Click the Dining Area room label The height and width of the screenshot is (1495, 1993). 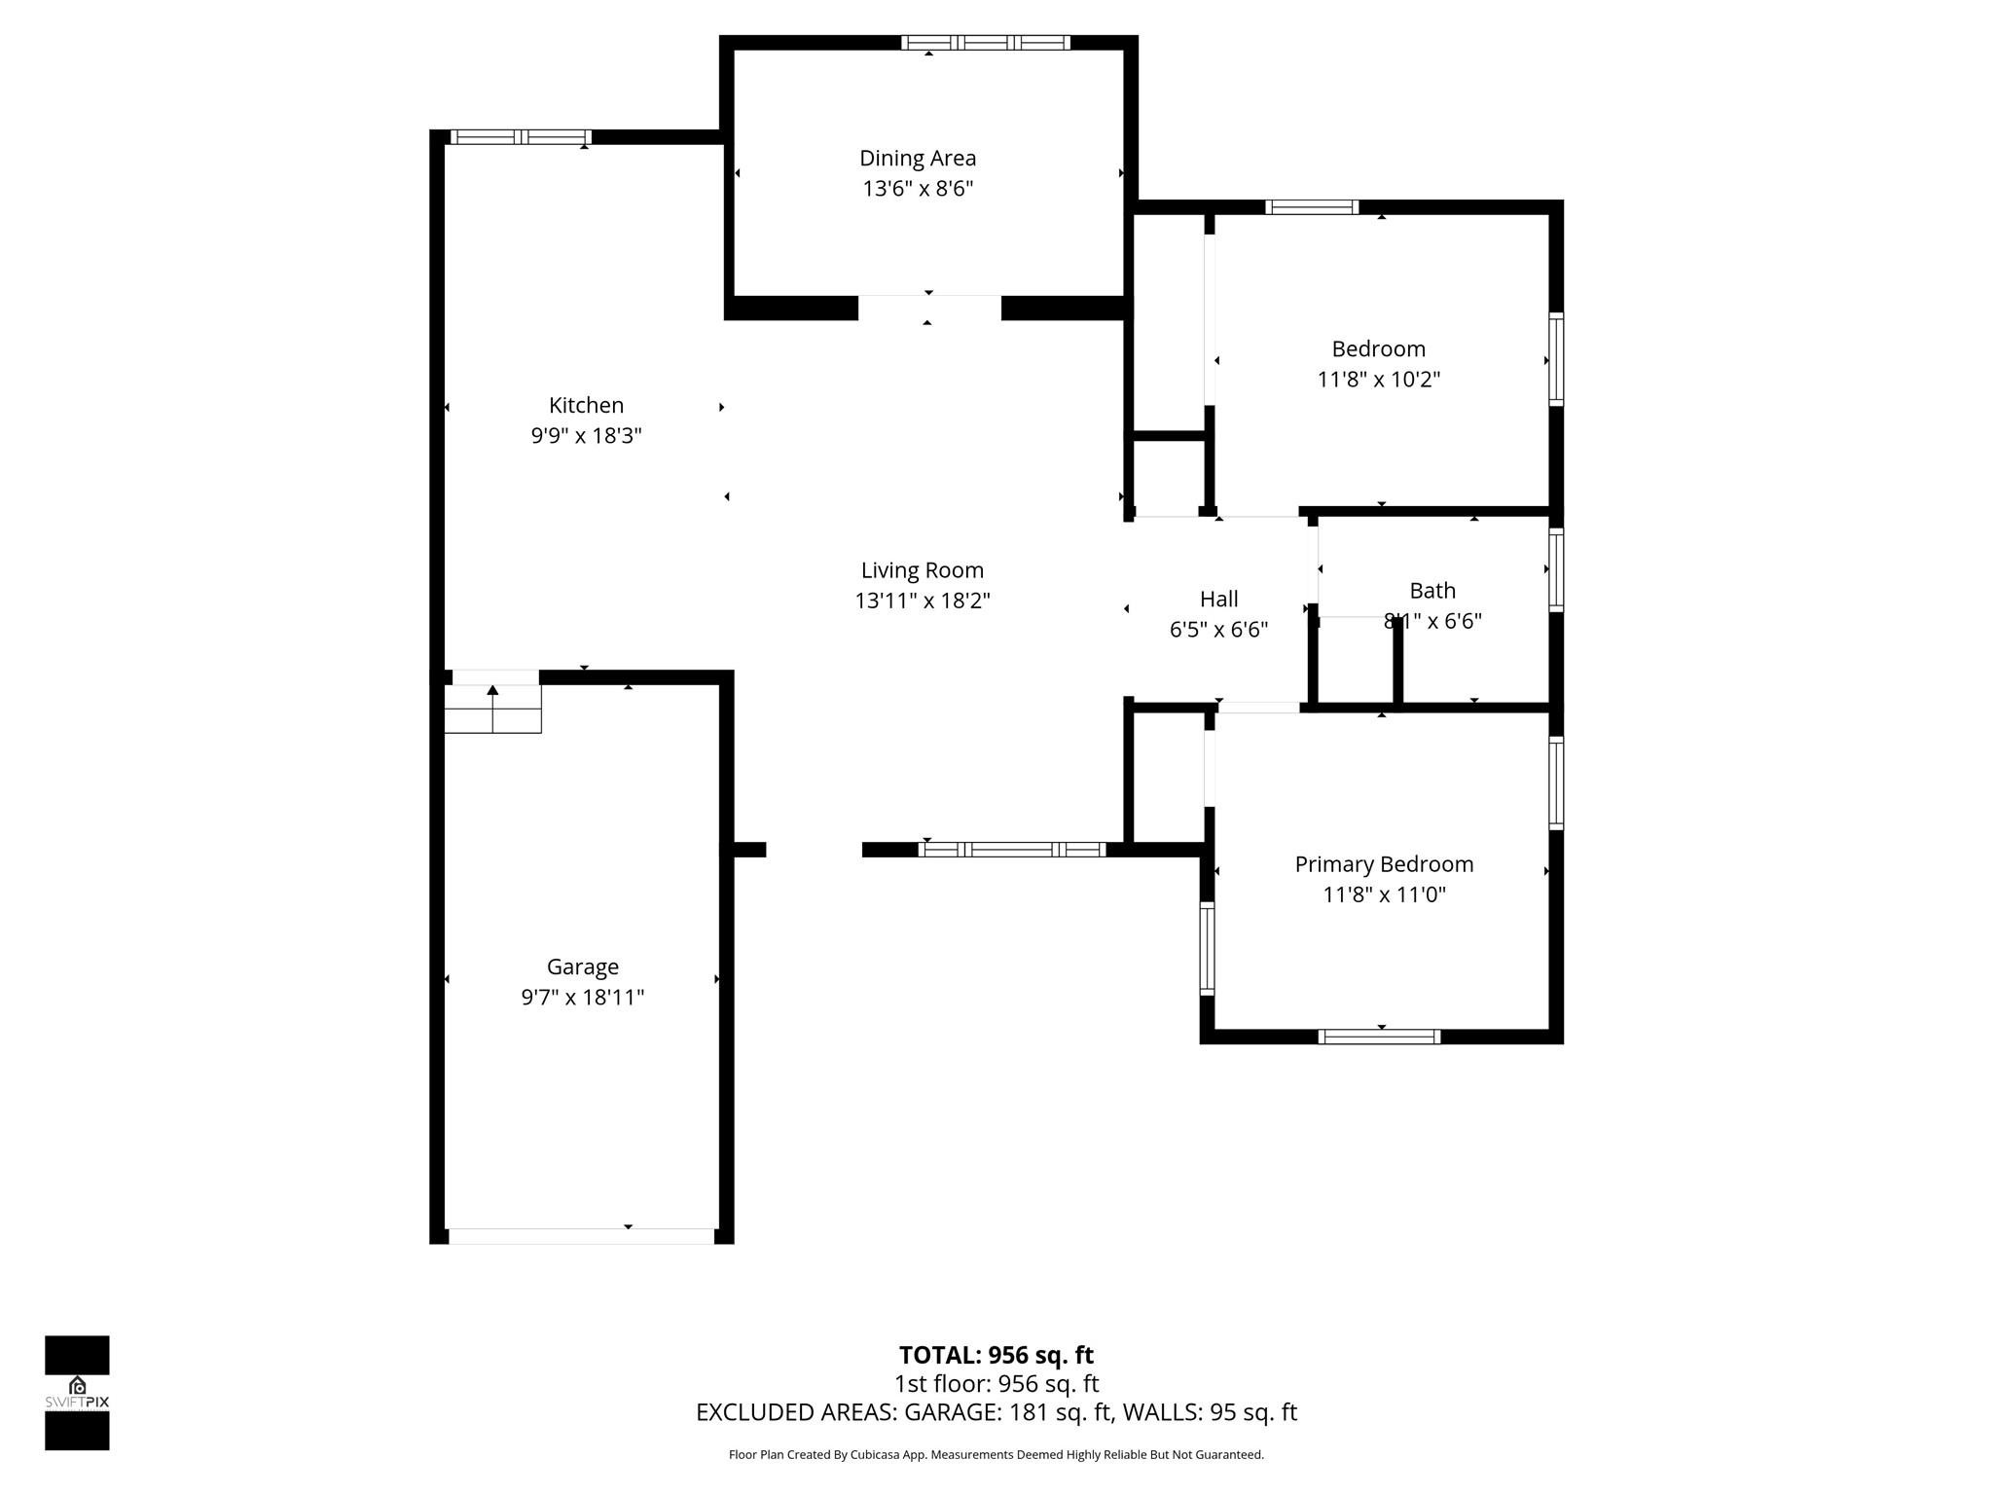[917, 158]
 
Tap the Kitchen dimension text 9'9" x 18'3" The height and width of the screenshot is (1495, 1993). [586, 435]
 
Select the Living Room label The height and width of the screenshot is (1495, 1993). [922, 570]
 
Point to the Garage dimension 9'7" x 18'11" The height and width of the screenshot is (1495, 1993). [582, 997]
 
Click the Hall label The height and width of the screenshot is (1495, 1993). [1218, 599]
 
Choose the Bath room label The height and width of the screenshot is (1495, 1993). [1432, 591]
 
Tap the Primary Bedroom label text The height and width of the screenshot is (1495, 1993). [1384, 864]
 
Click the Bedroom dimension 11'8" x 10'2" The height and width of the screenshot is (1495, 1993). [1378, 379]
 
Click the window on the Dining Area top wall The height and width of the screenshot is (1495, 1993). [985, 43]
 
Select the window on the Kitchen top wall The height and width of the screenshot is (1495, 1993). [521, 137]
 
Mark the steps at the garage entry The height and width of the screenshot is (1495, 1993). [492, 709]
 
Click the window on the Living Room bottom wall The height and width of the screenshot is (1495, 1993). [1012, 850]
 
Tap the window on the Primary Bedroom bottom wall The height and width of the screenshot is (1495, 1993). [1379, 1037]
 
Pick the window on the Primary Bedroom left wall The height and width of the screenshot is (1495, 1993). [1208, 948]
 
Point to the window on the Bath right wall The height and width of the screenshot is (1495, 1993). [1556, 569]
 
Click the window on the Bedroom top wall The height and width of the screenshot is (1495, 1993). [1311, 207]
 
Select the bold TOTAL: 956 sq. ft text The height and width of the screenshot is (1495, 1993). [996, 1355]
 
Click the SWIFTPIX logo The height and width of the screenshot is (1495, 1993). [77, 1392]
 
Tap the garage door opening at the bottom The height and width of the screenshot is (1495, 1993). [581, 1236]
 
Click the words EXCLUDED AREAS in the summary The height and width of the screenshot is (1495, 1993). [795, 1412]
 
